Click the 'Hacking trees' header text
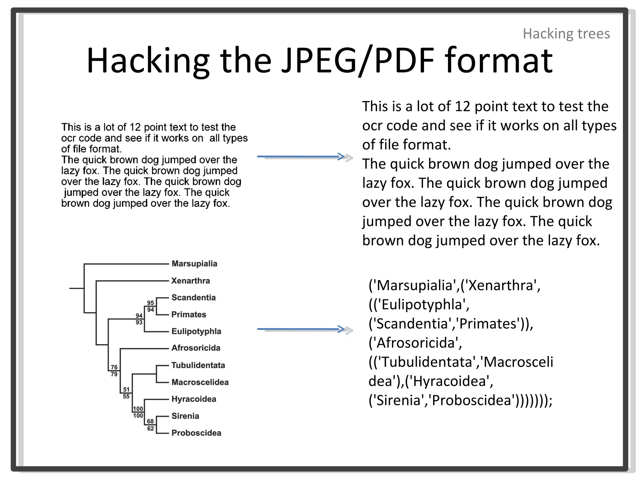tap(566, 34)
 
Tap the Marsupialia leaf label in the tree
tap(194, 264)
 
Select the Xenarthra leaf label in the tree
tap(191, 281)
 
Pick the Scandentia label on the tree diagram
tap(193, 298)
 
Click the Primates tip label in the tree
tap(189, 314)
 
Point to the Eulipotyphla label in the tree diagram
tap(196, 331)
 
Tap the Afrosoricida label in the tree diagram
tap(196, 348)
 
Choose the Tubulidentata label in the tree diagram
tap(198, 365)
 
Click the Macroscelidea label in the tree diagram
tap(200, 382)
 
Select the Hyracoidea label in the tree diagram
tap(194, 399)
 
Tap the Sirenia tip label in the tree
tap(185, 416)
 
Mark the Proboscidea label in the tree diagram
tap(196, 433)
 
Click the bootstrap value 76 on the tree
tap(114, 367)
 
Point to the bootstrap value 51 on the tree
tap(126, 389)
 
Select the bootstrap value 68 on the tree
tap(150, 421)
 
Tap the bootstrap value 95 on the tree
tap(150, 303)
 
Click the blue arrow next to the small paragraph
tap(301, 157)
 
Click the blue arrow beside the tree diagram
tap(301, 329)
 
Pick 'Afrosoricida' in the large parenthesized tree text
tap(416, 343)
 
